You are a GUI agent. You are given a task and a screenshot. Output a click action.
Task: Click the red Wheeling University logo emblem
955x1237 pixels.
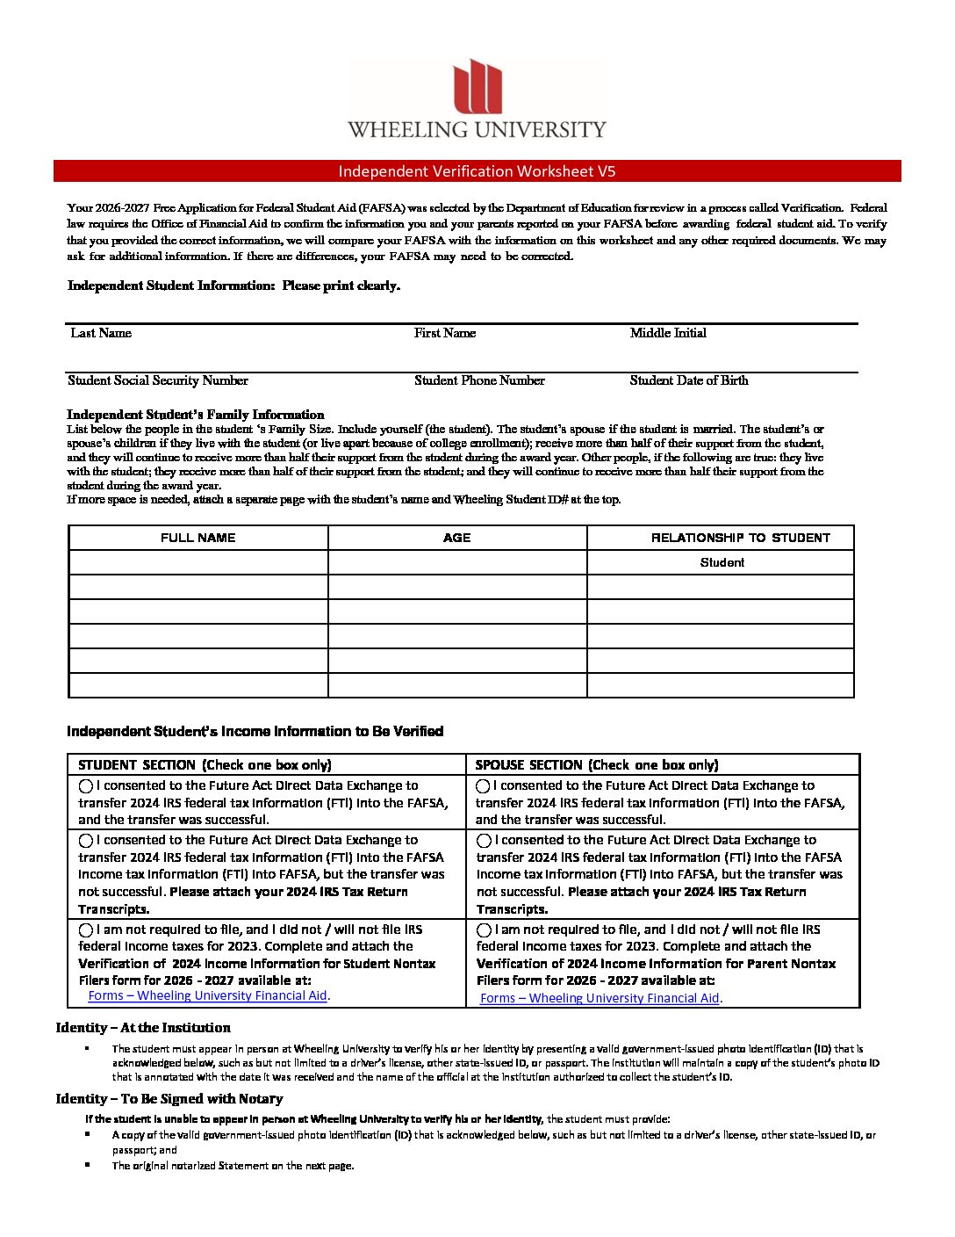(x=477, y=86)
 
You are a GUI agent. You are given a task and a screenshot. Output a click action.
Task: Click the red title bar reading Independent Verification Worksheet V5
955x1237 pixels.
(x=477, y=171)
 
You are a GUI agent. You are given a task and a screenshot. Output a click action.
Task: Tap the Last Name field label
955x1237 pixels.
(x=101, y=333)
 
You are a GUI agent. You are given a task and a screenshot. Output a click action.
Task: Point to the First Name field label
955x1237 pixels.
(x=445, y=333)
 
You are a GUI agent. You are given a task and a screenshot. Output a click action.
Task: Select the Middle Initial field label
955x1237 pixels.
(x=668, y=333)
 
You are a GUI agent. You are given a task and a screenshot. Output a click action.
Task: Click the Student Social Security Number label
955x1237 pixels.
(x=158, y=380)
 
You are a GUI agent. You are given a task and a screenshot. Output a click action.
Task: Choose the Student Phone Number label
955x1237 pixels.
(x=479, y=380)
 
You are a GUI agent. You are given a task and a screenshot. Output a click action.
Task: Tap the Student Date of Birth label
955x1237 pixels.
(x=689, y=380)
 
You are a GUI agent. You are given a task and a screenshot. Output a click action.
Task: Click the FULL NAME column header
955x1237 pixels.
(x=198, y=538)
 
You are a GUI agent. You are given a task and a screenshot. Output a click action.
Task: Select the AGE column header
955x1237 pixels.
(x=457, y=538)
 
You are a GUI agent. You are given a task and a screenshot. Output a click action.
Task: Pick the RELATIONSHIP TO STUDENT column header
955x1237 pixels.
(x=740, y=538)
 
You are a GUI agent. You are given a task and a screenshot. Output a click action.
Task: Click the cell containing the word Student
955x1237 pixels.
(x=722, y=562)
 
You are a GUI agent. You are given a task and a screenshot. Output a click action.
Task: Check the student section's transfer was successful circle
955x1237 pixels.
(x=86, y=786)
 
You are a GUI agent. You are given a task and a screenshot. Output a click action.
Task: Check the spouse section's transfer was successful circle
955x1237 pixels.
(x=483, y=786)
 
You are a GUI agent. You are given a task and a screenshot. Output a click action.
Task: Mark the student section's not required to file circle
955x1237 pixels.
(x=86, y=930)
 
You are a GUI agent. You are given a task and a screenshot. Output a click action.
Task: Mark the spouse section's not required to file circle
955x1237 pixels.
(x=484, y=930)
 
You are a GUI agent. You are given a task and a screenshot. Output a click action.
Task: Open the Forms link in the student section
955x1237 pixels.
(x=207, y=995)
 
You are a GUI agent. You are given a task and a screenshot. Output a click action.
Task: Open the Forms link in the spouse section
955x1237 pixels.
(x=600, y=998)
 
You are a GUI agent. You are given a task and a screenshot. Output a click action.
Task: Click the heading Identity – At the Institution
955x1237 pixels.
(x=143, y=1028)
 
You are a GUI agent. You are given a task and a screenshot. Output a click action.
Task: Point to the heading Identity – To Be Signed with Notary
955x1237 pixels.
(x=169, y=1099)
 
